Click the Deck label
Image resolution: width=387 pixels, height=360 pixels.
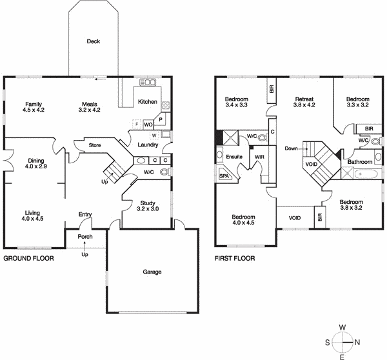point(94,42)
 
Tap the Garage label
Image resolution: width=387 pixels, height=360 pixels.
point(152,272)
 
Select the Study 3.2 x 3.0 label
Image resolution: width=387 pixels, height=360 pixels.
point(147,206)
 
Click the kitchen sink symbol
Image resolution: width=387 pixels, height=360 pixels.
point(148,83)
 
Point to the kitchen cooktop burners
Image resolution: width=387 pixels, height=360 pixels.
point(165,105)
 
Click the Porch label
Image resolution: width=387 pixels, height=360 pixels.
point(85,236)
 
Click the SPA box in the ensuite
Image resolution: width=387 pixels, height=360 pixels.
point(224,175)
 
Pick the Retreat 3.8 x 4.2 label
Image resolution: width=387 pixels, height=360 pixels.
point(303,102)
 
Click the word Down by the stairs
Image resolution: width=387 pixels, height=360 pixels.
point(292,148)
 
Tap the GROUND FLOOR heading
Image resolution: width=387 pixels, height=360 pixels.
point(28,259)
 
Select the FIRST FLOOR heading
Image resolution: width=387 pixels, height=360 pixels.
point(235,259)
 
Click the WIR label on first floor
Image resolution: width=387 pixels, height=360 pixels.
point(260,157)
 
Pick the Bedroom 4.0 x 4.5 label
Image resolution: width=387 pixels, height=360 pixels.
point(244,220)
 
